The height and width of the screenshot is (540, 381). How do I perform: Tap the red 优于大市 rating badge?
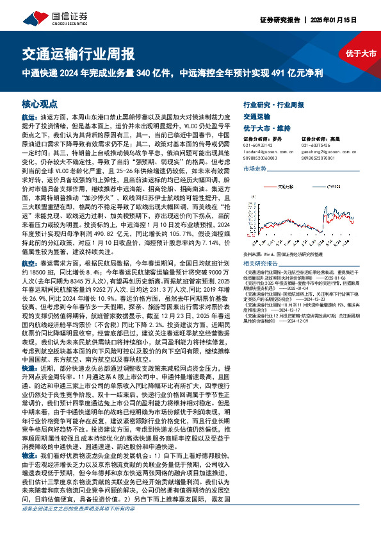[361, 53]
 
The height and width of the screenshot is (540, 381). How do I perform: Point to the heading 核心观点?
[40, 103]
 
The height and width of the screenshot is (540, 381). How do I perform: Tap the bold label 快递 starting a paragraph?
[29, 370]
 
